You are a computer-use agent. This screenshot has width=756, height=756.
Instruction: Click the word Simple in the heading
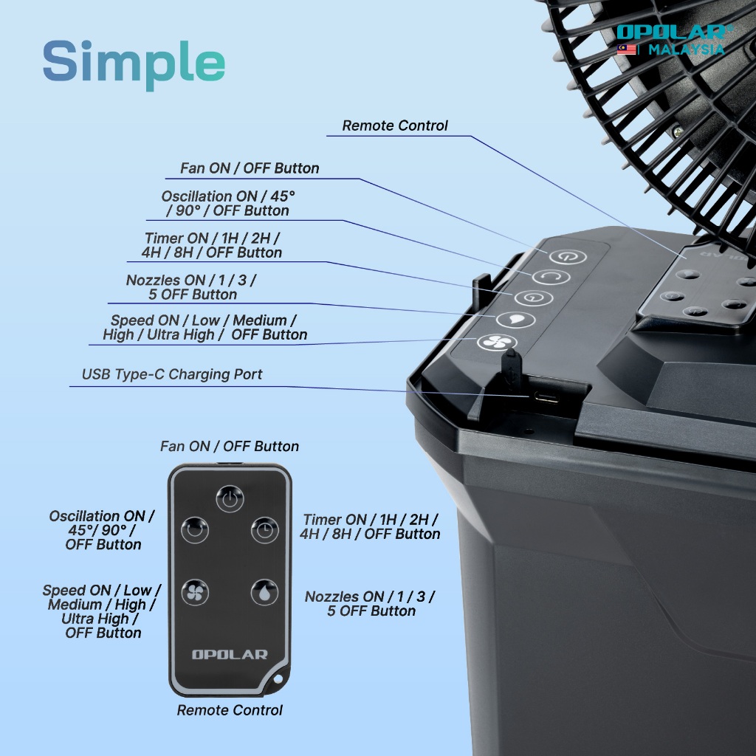coord(134,63)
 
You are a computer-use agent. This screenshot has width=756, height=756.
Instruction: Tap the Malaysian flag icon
coord(626,49)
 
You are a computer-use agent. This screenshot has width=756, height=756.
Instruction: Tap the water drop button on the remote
coord(264,592)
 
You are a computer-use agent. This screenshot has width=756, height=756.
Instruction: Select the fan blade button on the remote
coord(195,592)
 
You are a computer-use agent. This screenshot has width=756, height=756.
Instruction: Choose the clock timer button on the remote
coord(265,530)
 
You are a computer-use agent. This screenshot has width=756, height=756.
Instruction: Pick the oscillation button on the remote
coord(195,530)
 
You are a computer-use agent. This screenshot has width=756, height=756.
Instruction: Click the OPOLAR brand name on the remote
coord(230,654)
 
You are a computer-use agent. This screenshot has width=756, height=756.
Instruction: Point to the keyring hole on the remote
coord(278,679)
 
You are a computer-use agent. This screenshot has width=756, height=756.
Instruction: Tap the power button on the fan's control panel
coord(568,256)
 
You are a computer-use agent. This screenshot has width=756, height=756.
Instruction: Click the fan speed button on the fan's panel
coord(497,343)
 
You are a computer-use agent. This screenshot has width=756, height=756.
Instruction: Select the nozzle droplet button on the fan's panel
coord(515,320)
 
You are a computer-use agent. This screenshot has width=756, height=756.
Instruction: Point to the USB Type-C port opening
coord(546,398)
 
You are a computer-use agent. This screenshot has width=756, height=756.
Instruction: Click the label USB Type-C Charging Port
coord(172,374)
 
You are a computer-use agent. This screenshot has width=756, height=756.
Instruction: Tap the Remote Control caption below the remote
coord(230,710)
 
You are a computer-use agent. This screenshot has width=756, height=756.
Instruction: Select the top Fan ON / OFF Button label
coord(250,168)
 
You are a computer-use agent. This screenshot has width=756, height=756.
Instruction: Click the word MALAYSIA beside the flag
coord(686,49)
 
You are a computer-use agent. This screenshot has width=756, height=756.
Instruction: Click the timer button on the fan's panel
coord(533,297)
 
